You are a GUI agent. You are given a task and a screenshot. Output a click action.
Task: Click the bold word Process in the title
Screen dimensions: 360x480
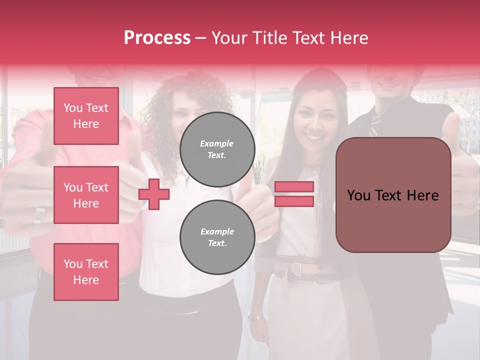157,38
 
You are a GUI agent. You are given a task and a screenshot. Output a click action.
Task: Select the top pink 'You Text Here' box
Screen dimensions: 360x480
86,116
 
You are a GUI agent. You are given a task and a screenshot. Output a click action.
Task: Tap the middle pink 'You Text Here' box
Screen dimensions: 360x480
86,195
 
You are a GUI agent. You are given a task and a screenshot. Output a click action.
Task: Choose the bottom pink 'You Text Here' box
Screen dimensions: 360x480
86,272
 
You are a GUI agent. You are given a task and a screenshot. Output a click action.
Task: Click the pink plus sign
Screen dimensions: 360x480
154,193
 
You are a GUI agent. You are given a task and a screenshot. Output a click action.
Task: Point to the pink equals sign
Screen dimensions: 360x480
294,194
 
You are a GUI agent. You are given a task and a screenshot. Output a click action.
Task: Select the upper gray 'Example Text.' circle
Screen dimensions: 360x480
217,149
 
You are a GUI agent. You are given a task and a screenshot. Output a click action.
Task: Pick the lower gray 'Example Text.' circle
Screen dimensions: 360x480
217,237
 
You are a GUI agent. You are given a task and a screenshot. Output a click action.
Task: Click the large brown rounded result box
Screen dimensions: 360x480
393,195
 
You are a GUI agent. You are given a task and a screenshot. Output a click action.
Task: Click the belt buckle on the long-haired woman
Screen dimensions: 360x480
297,268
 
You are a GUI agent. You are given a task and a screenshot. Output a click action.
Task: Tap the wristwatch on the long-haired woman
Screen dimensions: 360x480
255,316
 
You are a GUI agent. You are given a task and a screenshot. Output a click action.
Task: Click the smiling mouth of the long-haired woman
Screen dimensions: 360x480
314,136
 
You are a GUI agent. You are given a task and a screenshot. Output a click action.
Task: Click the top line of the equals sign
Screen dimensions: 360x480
294,187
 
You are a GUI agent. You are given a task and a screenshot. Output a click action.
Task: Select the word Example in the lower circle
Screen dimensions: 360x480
217,231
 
